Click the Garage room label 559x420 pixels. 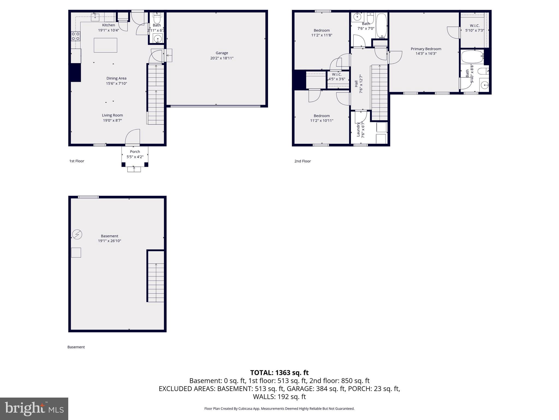point(222,53)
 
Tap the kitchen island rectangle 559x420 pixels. point(105,45)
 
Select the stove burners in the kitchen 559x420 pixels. point(76,36)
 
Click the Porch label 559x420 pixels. point(135,152)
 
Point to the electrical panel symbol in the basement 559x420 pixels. point(77,235)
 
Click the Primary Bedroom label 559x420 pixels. point(426,49)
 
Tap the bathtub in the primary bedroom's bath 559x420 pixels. point(472,57)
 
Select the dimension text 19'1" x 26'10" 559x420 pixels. point(109,241)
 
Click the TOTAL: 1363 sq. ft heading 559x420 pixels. point(279,373)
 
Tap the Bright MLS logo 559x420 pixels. point(34,409)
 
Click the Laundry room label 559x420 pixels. point(358,129)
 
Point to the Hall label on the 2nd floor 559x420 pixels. point(356,84)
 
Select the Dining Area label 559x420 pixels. point(116,78)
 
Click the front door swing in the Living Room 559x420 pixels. point(133,137)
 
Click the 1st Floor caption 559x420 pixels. point(77,161)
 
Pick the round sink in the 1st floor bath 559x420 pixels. point(157,39)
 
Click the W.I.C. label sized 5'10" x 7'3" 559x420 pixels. point(475,26)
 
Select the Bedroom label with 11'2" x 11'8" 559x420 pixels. point(322,30)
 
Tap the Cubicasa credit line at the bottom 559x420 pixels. point(279,409)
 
